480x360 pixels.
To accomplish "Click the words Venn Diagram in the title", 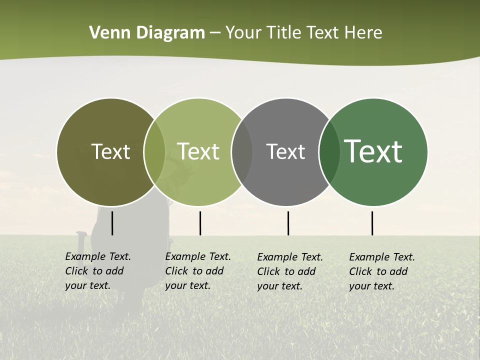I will tap(147, 33).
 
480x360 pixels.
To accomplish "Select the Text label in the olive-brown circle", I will tap(110, 152).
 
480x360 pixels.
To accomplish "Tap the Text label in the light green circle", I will tap(198, 152).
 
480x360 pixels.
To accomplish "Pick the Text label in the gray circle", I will tap(285, 152).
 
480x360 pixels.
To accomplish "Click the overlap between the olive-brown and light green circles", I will tap(154, 152).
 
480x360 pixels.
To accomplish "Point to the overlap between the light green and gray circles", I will tap(242, 152).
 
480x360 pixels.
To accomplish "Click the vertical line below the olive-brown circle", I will tap(112, 223).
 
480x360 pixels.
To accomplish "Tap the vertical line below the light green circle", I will tap(200, 223).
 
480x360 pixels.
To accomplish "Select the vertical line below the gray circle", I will tap(288, 223).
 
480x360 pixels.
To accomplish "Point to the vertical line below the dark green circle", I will tap(372, 223).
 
